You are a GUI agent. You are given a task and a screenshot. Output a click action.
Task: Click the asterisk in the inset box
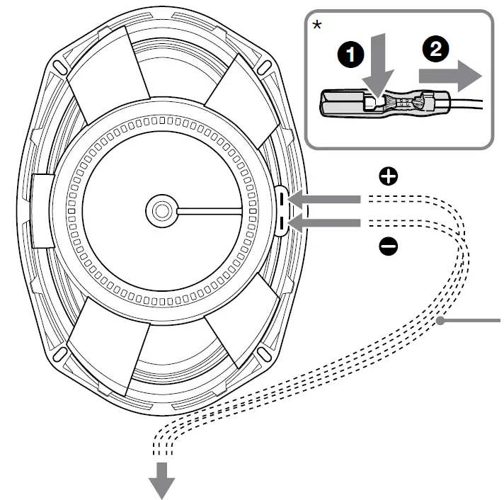coord(317,25)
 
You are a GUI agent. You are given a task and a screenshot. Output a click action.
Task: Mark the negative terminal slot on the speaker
coord(282,225)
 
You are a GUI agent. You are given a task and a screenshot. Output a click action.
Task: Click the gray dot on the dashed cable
coord(440,322)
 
